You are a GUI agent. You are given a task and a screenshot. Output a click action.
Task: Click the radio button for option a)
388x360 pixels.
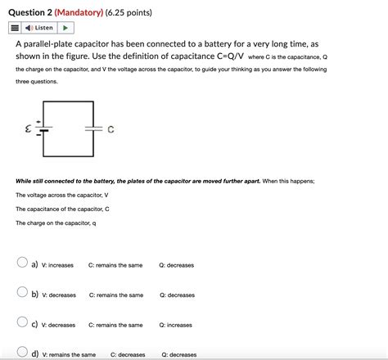(22, 263)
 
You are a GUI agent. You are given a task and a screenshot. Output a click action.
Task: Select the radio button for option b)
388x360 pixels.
(22, 293)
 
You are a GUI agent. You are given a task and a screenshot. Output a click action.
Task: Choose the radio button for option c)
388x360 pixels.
(22, 323)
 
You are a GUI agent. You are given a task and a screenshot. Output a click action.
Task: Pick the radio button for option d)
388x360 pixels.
(22, 353)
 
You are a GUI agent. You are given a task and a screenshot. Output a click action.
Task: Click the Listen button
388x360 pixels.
(42, 29)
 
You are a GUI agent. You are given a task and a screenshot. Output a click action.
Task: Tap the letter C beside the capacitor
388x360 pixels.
(110, 130)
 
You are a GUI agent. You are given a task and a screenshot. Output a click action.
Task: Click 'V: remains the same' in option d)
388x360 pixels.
(69, 354)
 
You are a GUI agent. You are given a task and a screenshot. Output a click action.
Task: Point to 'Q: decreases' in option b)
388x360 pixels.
(177, 295)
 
